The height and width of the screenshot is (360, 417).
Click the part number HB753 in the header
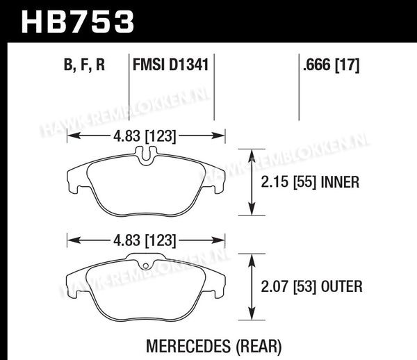coord(77,22)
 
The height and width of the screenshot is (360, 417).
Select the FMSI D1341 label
coord(170,65)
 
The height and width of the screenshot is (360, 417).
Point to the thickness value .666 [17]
coord(331,65)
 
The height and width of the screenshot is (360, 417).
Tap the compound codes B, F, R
coord(84,65)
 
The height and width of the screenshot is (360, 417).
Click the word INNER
coord(340,182)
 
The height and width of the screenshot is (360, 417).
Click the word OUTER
coord(341,286)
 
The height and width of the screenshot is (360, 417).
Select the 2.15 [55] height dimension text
coord(288,183)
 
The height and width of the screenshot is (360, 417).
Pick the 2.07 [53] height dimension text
coord(288,287)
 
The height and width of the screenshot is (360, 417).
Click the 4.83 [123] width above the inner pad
coord(145,136)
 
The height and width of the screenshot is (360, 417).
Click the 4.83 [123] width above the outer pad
coord(145,240)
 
